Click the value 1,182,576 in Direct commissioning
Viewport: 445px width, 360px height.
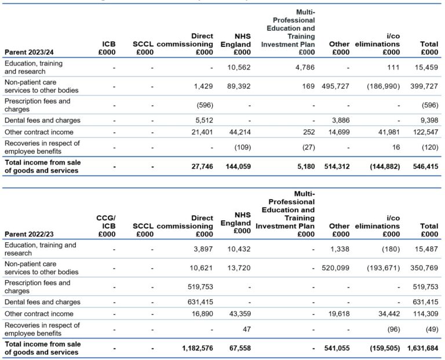tap(192, 348)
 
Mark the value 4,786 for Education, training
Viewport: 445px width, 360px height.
tap(303, 67)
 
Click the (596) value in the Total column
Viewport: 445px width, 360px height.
tap(428, 106)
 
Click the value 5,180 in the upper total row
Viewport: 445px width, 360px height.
tap(304, 166)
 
